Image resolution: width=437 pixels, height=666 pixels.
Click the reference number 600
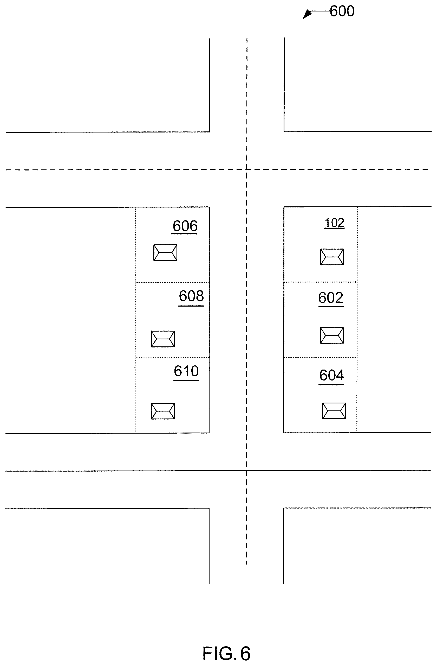click(342, 11)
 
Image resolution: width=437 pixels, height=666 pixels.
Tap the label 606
click(185, 226)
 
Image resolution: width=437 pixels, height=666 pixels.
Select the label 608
click(191, 296)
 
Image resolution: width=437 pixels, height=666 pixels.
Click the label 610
click(186, 371)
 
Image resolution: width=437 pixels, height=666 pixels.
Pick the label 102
click(334, 223)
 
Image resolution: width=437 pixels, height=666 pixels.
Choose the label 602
click(330, 297)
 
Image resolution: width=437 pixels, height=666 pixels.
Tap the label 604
click(331, 375)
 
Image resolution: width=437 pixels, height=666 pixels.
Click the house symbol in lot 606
click(165, 252)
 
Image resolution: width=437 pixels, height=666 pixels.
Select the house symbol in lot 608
click(163, 339)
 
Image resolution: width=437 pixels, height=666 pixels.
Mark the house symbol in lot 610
click(163, 411)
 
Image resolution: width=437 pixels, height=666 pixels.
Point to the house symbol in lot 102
click(332, 257)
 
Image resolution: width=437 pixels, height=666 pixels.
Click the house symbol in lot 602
click(332, 335)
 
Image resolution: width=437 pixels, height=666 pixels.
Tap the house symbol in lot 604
click(334, 411)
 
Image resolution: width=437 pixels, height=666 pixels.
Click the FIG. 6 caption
click(226, 654)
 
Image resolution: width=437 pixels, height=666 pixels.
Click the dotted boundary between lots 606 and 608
click(172, 282)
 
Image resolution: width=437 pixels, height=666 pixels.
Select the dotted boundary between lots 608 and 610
click(172, 358)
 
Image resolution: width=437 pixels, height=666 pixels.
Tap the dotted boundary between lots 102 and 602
click(321, 282)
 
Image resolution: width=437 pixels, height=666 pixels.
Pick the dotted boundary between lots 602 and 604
click(321, 357)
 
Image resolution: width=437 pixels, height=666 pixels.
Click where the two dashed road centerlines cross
click(247, 169)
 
